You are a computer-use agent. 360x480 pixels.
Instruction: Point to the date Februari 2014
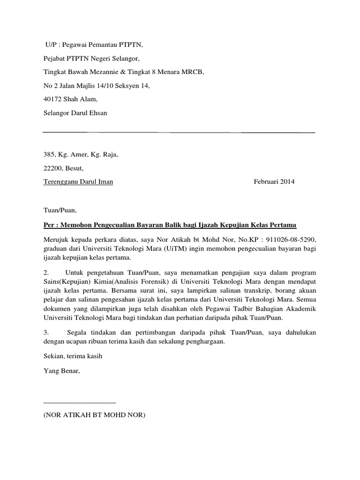[274, 182]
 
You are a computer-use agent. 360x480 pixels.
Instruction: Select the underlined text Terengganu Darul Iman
[78, 182]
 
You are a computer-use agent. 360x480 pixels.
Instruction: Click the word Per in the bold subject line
[48, 225]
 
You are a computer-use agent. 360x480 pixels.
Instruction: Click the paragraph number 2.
[45, 273]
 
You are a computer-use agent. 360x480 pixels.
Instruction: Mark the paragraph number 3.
[45, 332]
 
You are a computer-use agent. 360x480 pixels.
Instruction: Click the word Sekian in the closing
[52, 356]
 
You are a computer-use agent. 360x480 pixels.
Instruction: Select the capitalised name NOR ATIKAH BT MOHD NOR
[94, 415]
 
